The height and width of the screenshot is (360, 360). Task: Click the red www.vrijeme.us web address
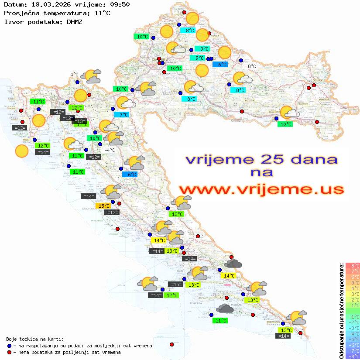pyautogui.click(x=261, y=189)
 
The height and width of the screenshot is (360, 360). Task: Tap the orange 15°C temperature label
pyautogui.click(x=103, y=206)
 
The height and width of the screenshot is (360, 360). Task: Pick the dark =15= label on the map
pyautogui.click(x=175, y=285)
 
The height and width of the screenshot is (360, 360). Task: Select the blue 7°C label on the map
pyautogui.click(x=123, y=115)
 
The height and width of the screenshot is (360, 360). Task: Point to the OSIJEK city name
pyautogui.click(x=315, y=81)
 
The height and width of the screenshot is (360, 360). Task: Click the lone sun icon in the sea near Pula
pyautogui.click(x=21, y=151)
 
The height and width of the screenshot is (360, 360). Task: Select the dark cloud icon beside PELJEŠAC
pyautogui.click(x=224, y=309)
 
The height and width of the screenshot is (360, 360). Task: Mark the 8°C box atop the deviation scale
pyautogui.click(x=353, y=266)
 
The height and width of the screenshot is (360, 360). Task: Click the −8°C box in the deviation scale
pyautogui.click(x=353, y=357)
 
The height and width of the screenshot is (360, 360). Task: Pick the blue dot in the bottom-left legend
pyautogui.click(x=9, y=346)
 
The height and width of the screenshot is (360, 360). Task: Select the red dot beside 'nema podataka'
pyautogui.click(x=9, y=352)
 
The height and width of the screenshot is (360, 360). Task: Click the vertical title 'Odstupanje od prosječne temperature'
pyautogui.click(x=342, y=311)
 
